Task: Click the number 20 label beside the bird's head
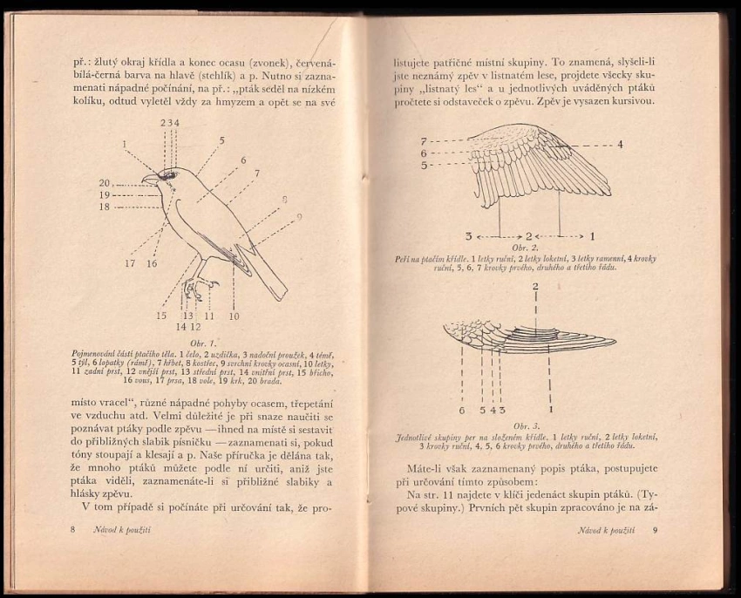pyautogui.click(x=105, y=183)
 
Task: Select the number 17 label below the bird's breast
pyautogui.click(x=130, y=263)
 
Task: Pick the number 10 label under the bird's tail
pyautogui.click(x=234, y=316)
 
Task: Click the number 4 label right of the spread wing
pyautogui.click(x=621, y=145)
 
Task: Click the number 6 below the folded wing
pyautogui.click(x=461, y=410)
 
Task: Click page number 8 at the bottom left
pyautogui.click(x=75, y=530)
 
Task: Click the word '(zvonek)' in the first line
pyautogui.click(x=267, y=64)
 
